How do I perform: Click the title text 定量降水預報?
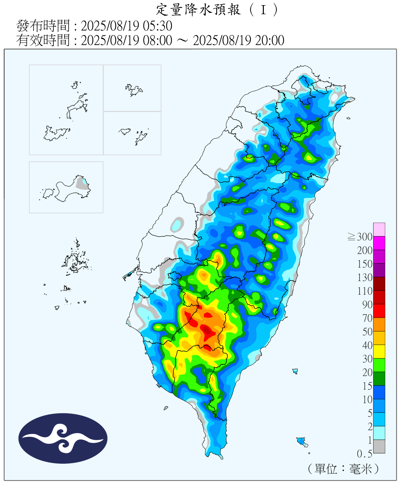[x=198, y=10]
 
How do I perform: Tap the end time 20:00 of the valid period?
[x=270, y=40]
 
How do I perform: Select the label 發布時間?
[x=43, y=26]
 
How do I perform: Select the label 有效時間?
[x=43, y=40]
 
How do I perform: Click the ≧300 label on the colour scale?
[x=360, y=237]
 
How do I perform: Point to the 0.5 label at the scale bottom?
[x=364, y=454]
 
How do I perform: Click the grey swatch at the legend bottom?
[x=379, y=447]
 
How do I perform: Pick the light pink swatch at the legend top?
[x=379, y=229]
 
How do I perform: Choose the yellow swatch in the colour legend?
[x=379, y=352]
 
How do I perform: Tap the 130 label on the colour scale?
[x=365, y=277]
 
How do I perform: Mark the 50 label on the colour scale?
[x=367, y=332]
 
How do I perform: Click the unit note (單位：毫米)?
[x=343, y=469]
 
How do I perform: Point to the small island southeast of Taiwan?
[x=301, y=441]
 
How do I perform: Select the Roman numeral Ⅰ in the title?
[x=263, y=10]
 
